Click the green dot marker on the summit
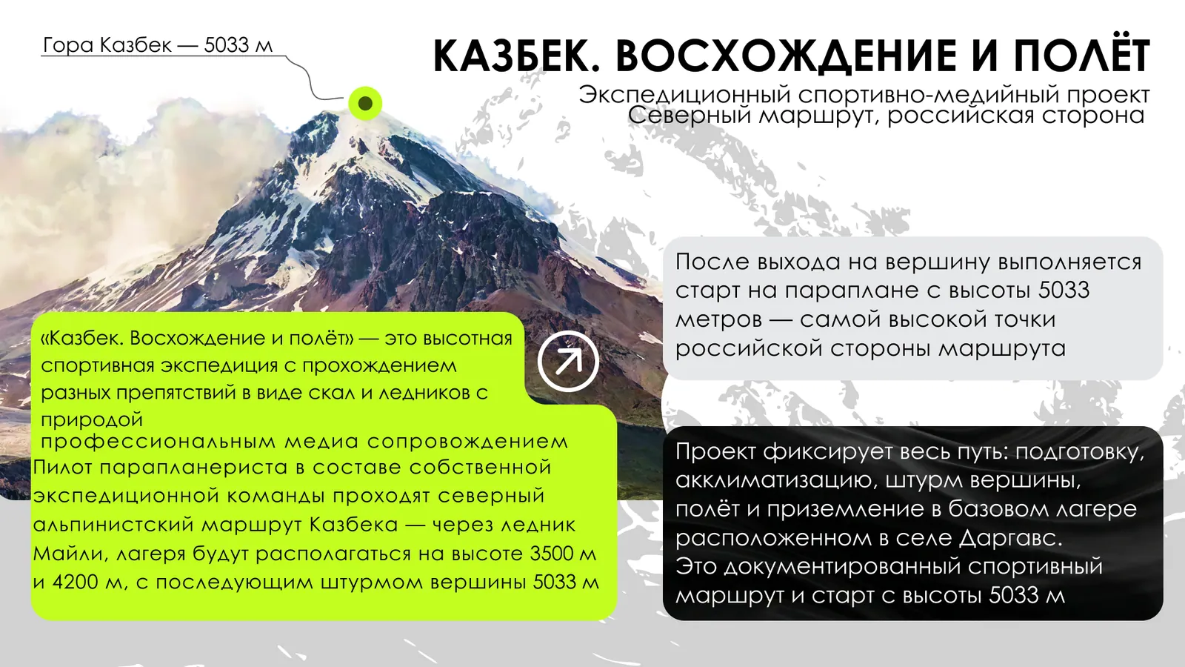[x=365, y=103]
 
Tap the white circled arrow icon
[x=568, y=362]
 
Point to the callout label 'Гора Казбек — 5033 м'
[x=157, y=45]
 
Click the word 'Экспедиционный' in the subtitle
[x=684, y=96]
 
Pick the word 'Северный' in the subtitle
[x=690, y=116]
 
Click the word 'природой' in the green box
[x=92, y=420]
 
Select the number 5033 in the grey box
[x=1064, y=290]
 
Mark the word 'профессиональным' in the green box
[x=158, y=442]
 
